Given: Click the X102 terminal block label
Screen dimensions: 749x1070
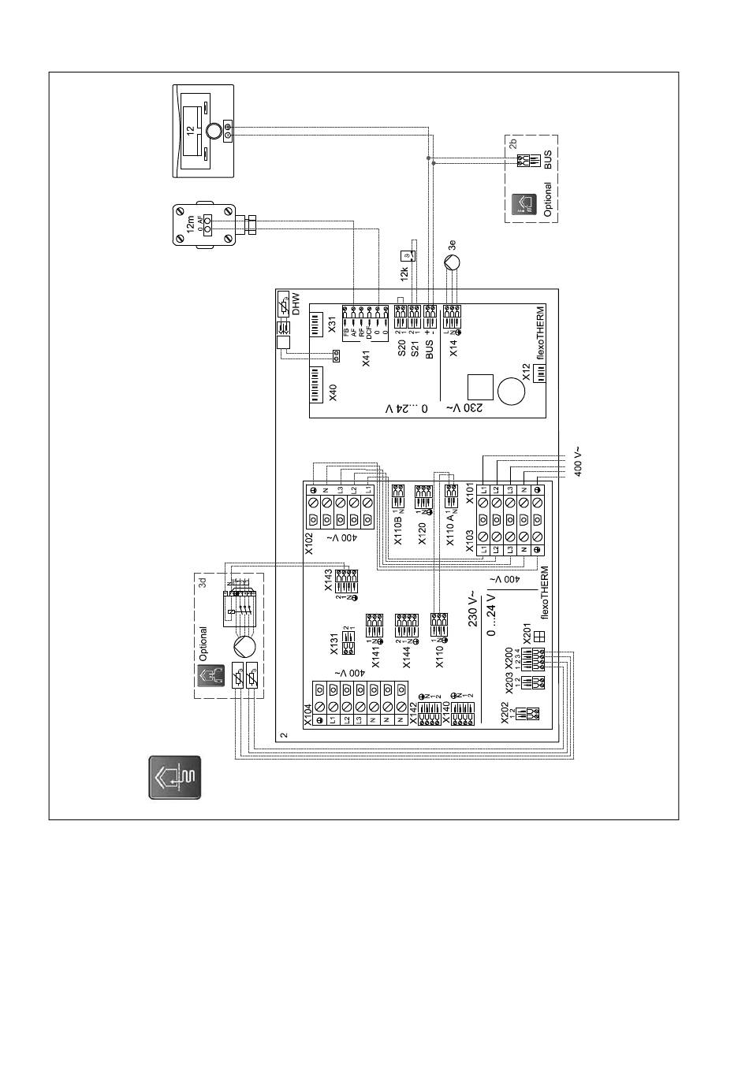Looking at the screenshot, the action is [310, 544].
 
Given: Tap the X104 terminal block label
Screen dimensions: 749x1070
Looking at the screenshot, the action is [309, 712].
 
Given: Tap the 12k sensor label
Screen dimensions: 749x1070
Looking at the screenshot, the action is [404, 275].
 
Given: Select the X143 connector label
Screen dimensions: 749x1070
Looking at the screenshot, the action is [329, 582].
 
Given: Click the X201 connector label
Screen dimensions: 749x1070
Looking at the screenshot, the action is [527, 635].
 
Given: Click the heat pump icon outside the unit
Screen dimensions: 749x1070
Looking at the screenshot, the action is [175, 778].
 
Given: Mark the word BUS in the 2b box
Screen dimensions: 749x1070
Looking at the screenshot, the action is [548, 160].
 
